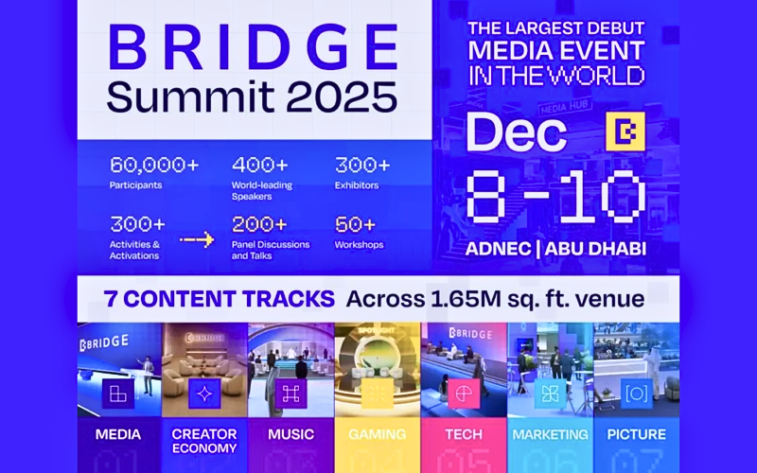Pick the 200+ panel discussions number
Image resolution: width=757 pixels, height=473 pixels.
tap(258, 224)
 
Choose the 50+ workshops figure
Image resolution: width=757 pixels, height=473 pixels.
tap(356, 224)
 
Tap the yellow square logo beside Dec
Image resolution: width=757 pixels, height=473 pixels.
tap(625, 133)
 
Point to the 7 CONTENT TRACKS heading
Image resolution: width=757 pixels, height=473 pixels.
tap(220, 300)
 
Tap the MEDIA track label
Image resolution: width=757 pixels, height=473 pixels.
tap(118, 435)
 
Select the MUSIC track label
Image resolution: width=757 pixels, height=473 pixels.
tap(290, 435)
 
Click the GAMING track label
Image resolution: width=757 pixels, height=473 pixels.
tap(376, 435)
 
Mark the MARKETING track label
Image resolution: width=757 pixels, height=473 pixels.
tap(550, 435)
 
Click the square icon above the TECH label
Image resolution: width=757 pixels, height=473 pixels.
tap(463, 394)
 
